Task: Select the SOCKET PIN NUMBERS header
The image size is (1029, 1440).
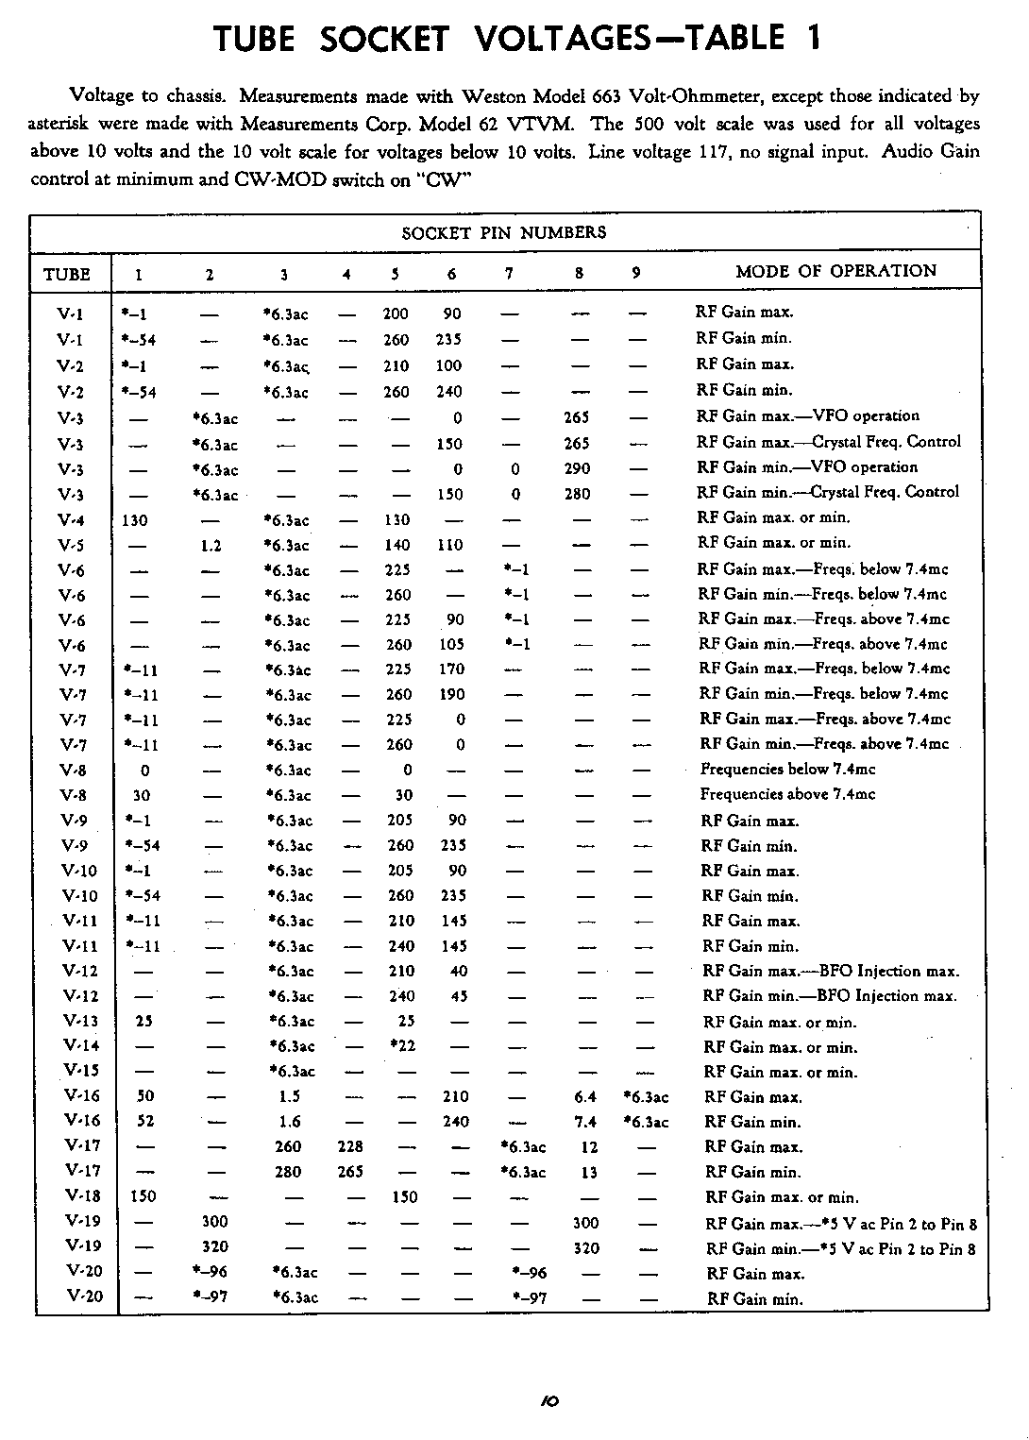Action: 504,232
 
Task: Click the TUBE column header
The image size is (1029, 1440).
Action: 67,274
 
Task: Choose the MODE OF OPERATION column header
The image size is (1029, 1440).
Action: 835,271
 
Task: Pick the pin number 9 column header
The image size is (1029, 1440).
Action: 636,273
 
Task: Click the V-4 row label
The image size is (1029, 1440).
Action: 71,519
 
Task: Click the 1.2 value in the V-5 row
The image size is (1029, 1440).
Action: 211,545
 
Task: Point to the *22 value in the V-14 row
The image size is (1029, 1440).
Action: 403,1045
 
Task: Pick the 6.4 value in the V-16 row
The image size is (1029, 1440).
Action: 585,1096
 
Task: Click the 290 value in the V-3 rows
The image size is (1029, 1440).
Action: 577,468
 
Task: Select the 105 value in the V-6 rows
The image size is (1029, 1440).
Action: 451,644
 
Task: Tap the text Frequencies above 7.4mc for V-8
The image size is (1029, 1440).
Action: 787,794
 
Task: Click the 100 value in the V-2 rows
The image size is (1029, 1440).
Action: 448,365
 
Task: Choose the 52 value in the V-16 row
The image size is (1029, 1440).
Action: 145,1122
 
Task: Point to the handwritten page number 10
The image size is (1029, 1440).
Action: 549,1401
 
